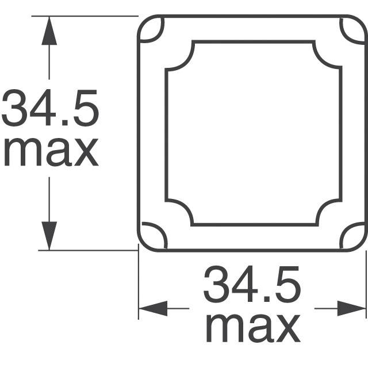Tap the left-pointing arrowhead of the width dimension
pos(153,308)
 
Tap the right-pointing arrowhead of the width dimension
pos(351,308)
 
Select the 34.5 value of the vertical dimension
pos(50,108)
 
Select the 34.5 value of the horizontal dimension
pos(252,284)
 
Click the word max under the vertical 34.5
pos(51,152)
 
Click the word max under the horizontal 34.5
pos(253,328)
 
